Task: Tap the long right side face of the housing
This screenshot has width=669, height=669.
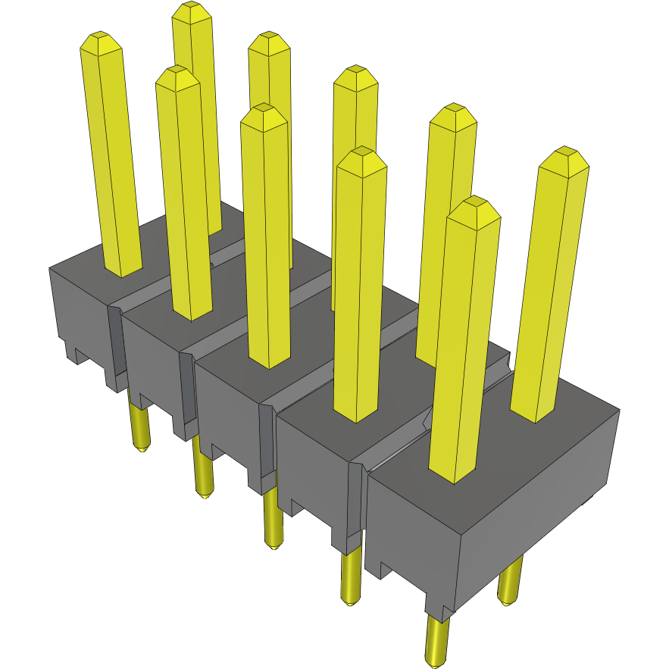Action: pos(538,500)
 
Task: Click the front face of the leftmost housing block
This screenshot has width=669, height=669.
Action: pos(80,311)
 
